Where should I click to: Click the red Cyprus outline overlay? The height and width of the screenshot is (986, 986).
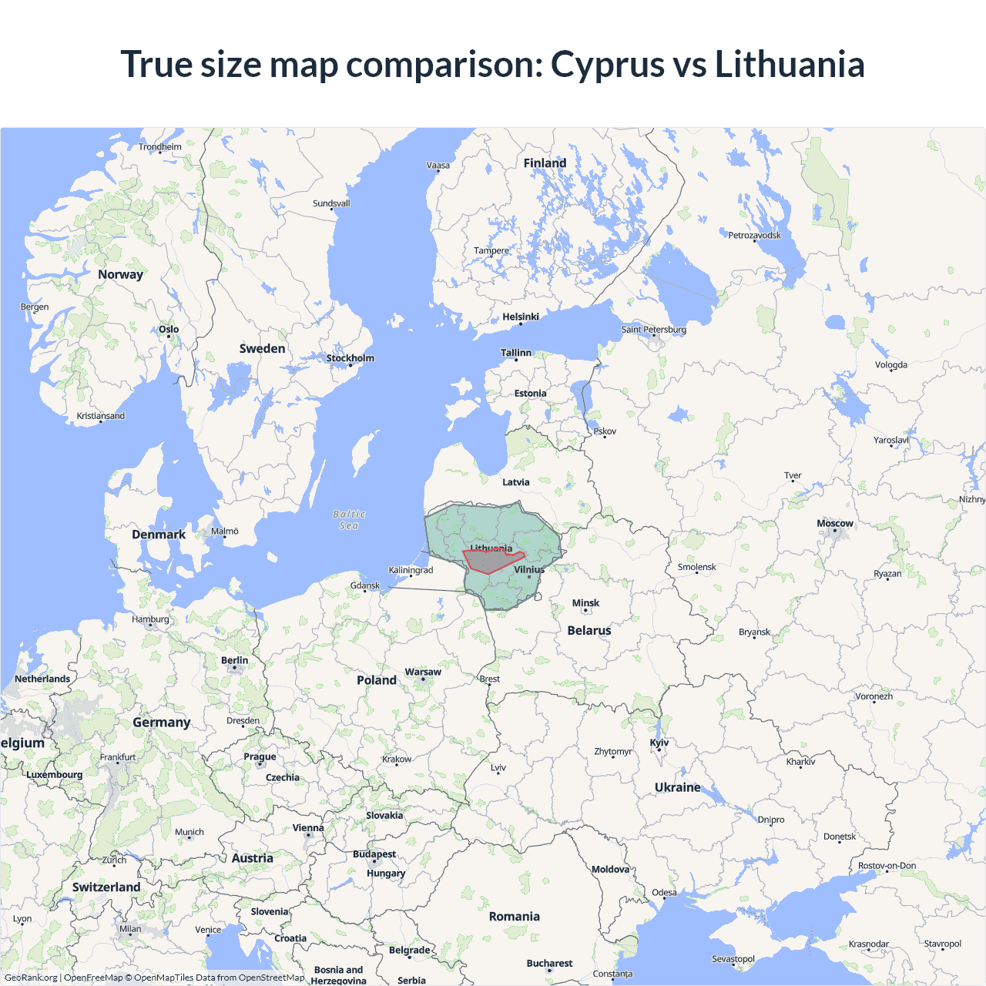(490, 562)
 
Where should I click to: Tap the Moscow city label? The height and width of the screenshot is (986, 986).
(835, 524)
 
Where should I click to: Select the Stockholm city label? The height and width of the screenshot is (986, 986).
(350, 358)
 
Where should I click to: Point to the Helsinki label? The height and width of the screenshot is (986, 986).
(521, 317)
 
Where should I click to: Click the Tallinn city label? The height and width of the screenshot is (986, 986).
(516, 353)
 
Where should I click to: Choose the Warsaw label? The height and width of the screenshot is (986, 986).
(423, 672)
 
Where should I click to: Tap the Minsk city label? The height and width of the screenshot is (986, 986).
(585, 603)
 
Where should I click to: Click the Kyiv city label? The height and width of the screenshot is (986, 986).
(659, 743)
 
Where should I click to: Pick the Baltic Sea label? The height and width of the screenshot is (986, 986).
(349, 520)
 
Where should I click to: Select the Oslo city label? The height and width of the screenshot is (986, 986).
(169, 330)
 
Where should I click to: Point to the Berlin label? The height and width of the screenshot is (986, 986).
(235, 660)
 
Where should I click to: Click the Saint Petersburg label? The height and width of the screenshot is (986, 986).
(654, 330)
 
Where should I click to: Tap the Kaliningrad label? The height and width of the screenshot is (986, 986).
(411, 570)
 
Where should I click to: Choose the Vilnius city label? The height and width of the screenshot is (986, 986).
(529, 570)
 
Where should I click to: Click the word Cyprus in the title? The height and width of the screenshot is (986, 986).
(607, 64)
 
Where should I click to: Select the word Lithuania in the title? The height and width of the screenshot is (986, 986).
(790, 64)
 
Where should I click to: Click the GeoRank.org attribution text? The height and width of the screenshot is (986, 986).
(31, 978)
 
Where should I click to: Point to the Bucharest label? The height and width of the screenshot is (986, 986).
(549, 963)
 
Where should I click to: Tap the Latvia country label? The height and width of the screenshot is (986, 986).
(516, 482)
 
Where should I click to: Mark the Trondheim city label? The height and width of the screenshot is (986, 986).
(160, 147)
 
